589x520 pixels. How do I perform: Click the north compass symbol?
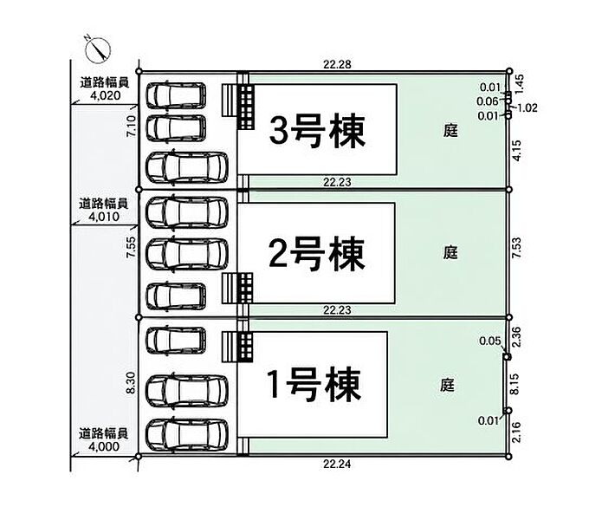[x=97, y=49]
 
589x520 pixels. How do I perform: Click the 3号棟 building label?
[x=317, y=132]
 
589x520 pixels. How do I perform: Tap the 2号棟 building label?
[x=316, y=254]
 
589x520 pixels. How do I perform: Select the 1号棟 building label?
[x=314, y=384]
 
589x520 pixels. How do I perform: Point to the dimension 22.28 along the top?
[x=337, y=65]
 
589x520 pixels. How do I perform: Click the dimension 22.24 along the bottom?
[x=337, y=464]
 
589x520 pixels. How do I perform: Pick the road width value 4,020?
[x=106, y=95]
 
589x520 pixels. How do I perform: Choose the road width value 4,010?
[x=104, y=217]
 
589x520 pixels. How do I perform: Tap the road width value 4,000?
[x=104, y=446]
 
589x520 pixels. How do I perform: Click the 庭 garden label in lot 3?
[x=450, y=131]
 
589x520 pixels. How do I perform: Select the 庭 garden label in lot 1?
[x=447, y=385]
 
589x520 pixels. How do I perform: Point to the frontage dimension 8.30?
[x=131, y=383]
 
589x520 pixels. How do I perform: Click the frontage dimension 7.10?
[x=132, y=127]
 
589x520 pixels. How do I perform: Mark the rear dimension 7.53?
[x=517, y=247]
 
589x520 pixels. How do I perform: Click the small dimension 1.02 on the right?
[x=528, y=108]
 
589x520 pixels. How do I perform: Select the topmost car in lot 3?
[x=176, y=95]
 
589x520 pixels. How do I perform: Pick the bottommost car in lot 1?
[x=187, y=434]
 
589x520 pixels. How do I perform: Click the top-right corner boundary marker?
[x=509, y=71]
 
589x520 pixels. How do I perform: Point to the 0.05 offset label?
[x=490, y=341]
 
